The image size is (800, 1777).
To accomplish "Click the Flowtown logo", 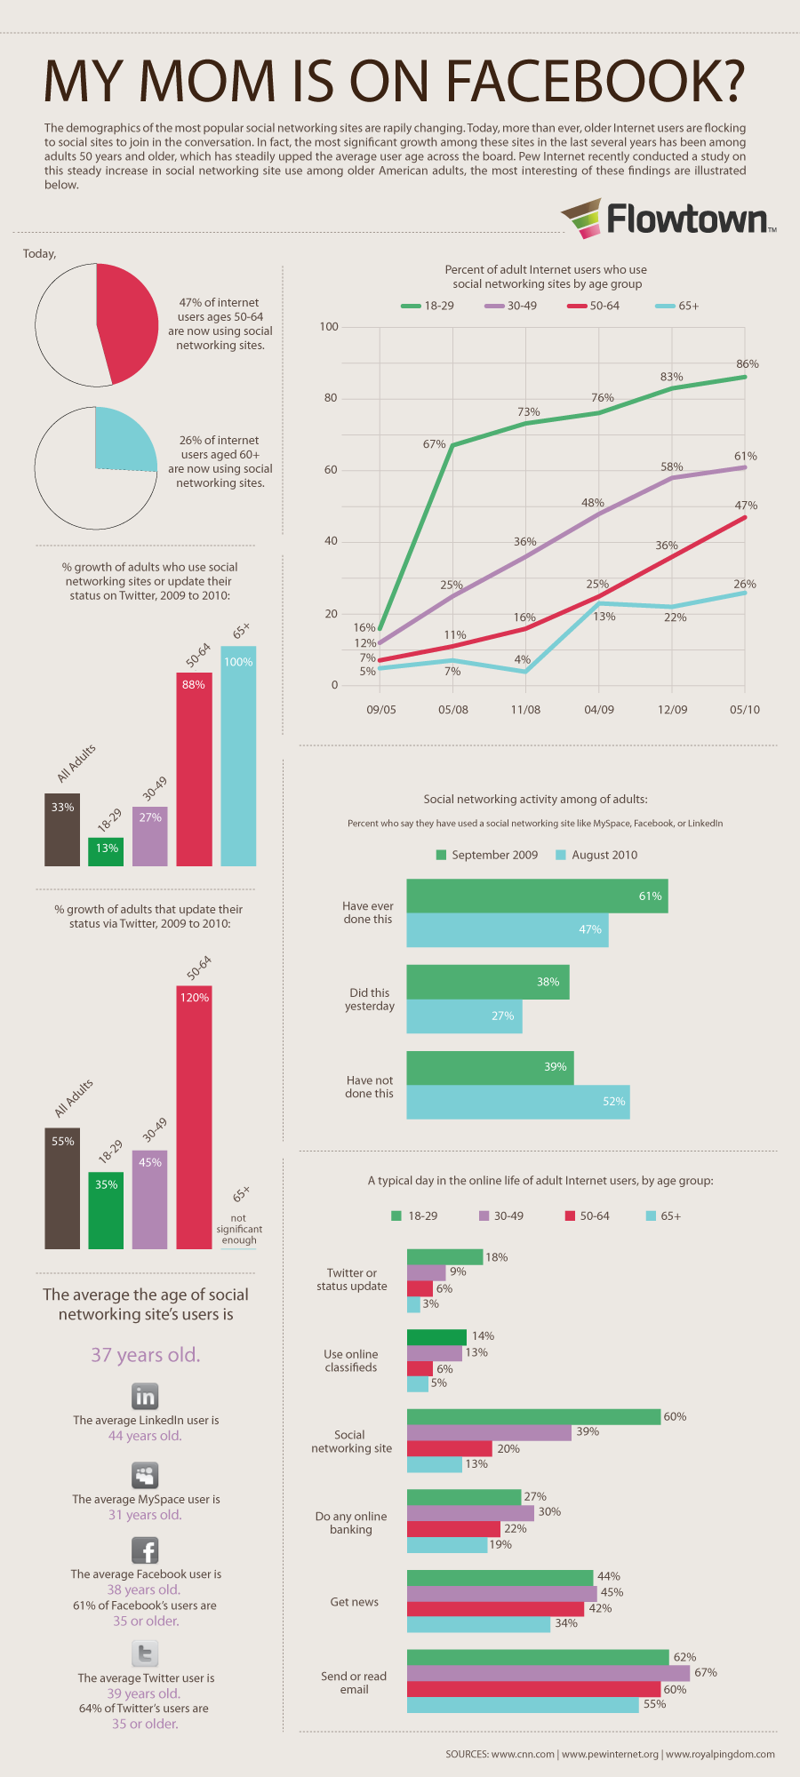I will click(668, 219).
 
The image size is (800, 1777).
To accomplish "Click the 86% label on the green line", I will click(747, 364).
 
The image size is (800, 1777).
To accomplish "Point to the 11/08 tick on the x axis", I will click(525, 710).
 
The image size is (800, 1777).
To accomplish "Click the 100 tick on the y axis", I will click(329, 327).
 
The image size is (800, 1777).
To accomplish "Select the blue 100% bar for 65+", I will click(238, 755).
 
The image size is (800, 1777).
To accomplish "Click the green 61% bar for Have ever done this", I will click(537, 896).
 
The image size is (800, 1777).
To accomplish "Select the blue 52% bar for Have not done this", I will click(517, 1102).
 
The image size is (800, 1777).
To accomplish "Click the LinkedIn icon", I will click(145, 1396).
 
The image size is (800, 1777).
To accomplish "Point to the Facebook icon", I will click(145, 1550).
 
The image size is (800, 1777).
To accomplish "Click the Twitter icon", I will click(145, 1653).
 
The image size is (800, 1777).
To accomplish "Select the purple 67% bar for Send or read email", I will click(548, 1673).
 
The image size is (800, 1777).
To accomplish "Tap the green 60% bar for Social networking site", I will click(533, 1417).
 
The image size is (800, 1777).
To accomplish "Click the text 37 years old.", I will click(146, 1355).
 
